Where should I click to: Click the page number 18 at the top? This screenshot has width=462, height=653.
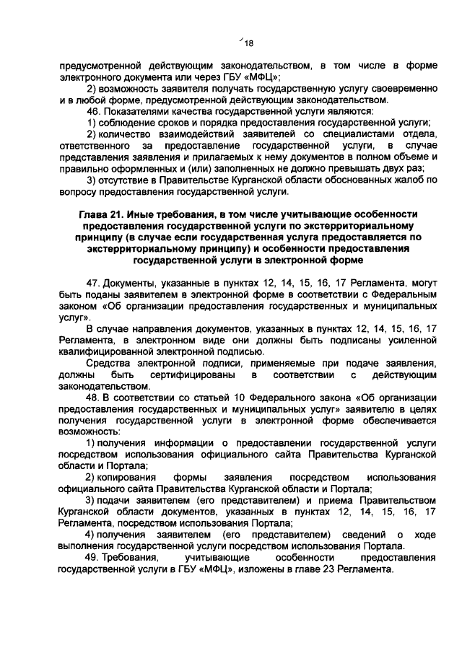point(250,42)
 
